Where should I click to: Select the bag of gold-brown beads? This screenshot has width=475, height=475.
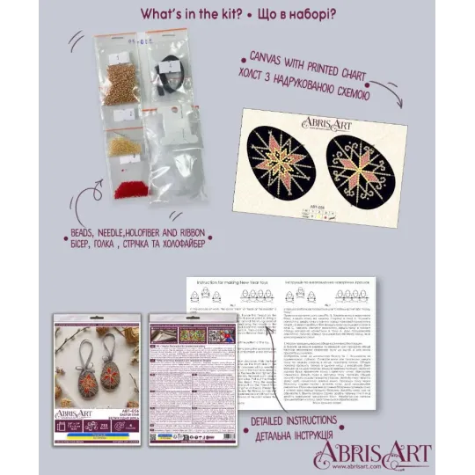tap(121, 79)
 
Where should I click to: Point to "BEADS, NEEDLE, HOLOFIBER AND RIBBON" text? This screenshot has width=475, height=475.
tap(134, 230)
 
